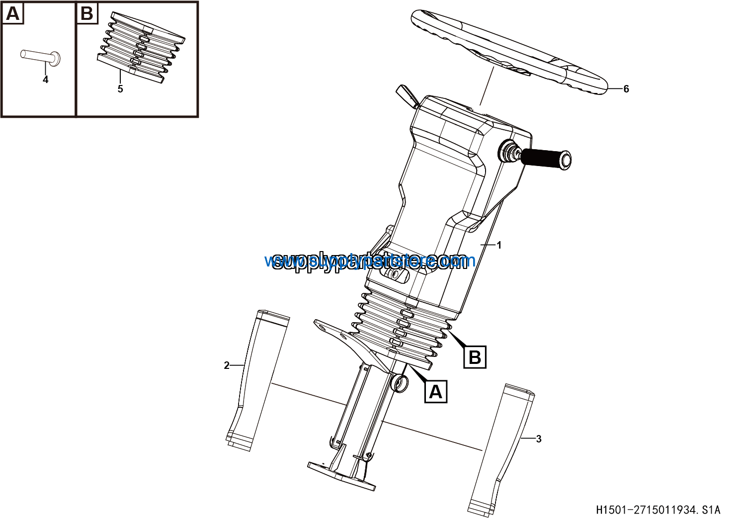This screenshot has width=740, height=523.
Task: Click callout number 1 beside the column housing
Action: click(x=499, y=245)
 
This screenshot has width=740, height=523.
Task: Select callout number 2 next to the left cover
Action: click(x=227, y=366)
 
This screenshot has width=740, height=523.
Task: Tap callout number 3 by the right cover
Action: click(x=539, y=439)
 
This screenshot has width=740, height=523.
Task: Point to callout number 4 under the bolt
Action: click(x=45, y=80)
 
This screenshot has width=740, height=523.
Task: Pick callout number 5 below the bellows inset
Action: click(x=120, y=89)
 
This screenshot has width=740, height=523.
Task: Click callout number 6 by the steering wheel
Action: click(x=626, y=89)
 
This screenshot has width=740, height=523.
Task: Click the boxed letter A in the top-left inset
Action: click(x=12, y=13)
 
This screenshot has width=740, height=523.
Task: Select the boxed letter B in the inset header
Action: click(x=87, y=13)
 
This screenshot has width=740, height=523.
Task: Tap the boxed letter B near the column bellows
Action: click(x=475, y=357)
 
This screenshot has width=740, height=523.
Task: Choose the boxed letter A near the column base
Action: click(x=435, y=392)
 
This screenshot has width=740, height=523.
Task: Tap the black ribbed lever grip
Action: click(x=545, y=158)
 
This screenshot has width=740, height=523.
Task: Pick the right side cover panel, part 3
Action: click(x=502, y=447)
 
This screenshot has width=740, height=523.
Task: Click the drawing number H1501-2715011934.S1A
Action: click(x=658, y=510)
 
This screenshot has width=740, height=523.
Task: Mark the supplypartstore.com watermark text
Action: click(x=370, y=261)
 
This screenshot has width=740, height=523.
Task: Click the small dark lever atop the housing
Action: click(x=407, y=95)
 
